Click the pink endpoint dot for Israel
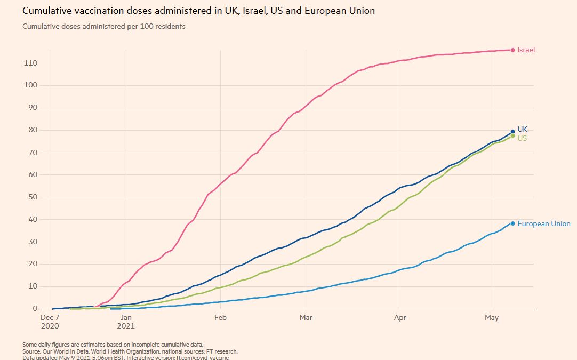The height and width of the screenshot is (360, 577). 512,50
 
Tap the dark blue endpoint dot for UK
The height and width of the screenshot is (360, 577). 512,132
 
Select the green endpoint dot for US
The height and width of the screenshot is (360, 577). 512,136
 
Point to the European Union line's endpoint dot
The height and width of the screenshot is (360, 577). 512,223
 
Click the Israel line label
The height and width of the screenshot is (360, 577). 526,50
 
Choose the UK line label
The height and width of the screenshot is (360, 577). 522,129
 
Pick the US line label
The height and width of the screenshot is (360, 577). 522,139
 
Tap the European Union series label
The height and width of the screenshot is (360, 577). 543,224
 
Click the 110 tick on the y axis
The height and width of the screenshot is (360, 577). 30,63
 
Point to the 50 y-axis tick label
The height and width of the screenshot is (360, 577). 33,197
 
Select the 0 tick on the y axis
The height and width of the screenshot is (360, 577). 35,308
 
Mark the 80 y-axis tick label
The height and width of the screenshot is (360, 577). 33,130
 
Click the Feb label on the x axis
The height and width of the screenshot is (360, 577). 220,318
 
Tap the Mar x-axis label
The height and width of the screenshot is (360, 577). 306,318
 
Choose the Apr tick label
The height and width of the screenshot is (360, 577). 400,318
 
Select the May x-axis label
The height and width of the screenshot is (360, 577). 492,318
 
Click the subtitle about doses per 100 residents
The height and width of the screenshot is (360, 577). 104,26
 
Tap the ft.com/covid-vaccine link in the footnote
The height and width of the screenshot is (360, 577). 202,357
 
